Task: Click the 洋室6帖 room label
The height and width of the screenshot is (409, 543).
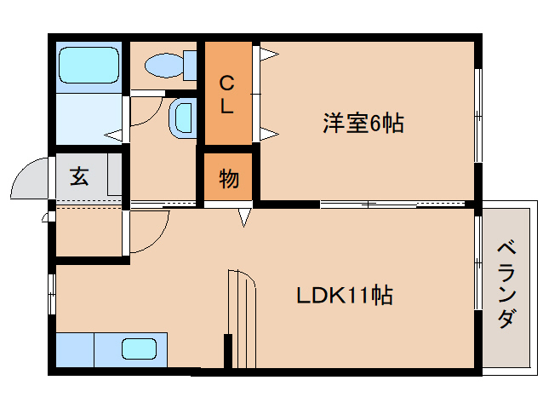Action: tap(362, 124)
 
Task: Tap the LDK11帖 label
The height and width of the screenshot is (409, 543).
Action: tap(344, 297)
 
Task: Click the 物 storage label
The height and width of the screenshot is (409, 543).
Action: tap(228, 179)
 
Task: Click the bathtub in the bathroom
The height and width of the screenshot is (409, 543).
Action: tap(89, 66)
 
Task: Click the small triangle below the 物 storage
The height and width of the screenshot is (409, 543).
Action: tap(245, 217)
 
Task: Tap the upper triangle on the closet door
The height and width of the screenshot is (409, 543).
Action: tap(267, 55)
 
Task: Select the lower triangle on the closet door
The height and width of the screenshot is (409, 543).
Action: tap(267, 132)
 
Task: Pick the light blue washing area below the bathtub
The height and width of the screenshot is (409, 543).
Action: tap(89, 119)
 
